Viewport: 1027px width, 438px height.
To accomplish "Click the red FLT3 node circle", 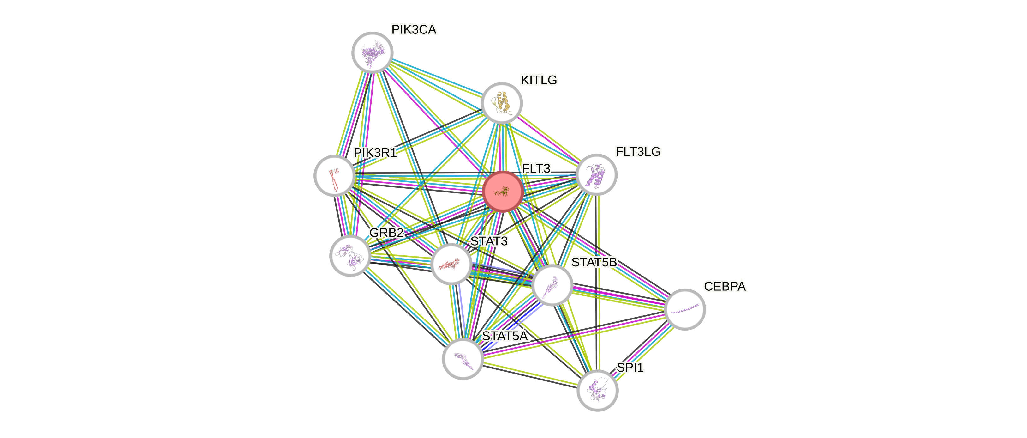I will click(x=503, y=192).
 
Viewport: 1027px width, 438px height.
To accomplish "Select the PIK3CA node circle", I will click(x=372, y=52).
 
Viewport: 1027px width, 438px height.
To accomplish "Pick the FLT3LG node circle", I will click(x=596, y=175).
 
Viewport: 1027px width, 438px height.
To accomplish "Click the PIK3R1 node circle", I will click(x=334, y=175).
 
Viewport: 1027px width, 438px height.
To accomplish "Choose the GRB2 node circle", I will click(x=350, y=256).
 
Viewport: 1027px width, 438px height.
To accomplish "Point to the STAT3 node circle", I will click(x=451, y=264).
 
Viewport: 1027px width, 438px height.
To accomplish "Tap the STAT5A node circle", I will click(x=463, y=359).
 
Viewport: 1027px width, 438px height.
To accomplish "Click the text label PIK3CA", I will click(x=414, y=29).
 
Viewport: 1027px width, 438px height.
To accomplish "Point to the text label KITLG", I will click(x=539, y=80).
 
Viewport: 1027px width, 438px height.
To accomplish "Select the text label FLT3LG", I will click(x=638, y=152).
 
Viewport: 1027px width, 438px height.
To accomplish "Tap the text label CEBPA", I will click(x=725, y=286).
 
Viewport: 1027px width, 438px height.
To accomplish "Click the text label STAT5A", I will click(x=505, y=336).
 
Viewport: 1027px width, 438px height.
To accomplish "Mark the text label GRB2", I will click(x=386, y=233).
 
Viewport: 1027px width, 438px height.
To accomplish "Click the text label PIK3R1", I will click(x=375, y=152).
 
